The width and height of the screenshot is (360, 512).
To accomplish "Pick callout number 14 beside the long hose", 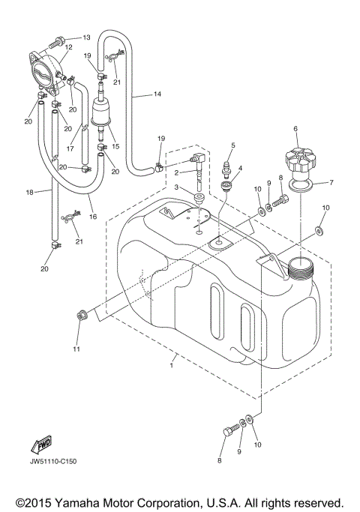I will [x=157, y=94].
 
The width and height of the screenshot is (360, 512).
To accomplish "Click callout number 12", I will [x=67, y=47].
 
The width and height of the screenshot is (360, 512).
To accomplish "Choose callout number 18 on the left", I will [x=29, y=193].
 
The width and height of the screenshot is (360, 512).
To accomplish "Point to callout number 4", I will [x=239, y=169].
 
